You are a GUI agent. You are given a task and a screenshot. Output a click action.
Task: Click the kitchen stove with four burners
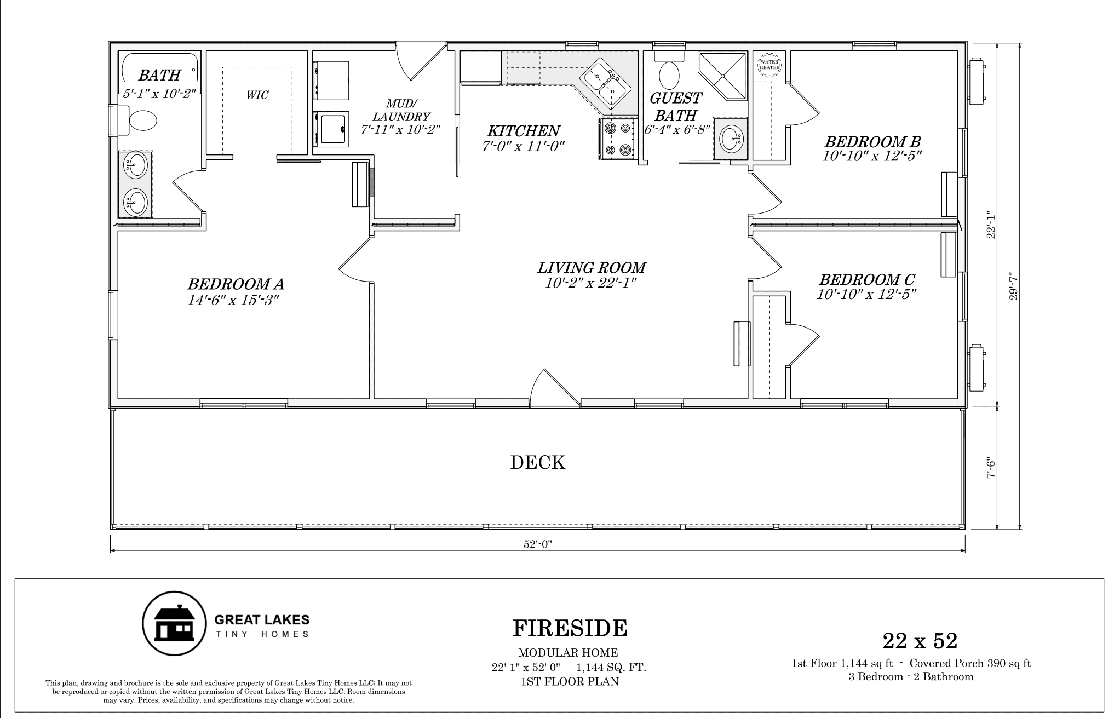[x=616, y=140]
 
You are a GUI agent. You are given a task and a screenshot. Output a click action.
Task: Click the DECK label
[x=537, y=463]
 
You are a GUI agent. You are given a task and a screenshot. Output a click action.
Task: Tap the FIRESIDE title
[x=570, y=628]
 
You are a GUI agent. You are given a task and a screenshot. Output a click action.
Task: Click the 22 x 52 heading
[x=920, y=640]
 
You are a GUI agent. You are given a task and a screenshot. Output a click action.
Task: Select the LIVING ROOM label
[x=591, y=267]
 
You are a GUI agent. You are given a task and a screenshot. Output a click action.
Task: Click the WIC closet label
[x=257, y=95]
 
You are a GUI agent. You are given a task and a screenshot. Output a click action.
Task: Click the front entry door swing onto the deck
[x=554, y=388]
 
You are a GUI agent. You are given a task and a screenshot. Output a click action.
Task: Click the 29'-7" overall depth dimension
[x=1013, y=286]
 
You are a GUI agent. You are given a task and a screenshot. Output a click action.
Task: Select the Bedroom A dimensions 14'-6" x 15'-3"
[x=234, y=300]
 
